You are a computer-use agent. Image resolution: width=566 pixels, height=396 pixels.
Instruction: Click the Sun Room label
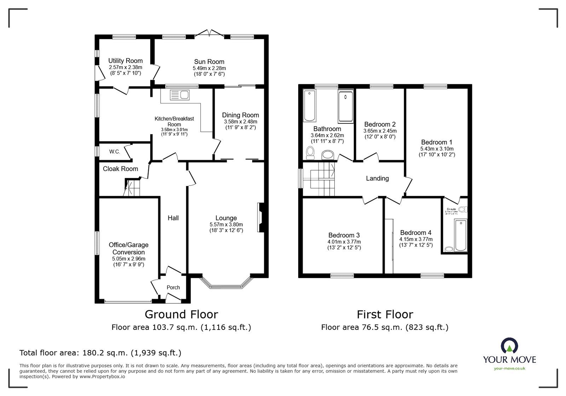coord(209,62)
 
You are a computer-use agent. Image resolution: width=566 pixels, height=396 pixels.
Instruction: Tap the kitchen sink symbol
coord(180,95)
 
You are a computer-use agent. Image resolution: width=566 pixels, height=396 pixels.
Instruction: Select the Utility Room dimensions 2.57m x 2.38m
coord(125,67)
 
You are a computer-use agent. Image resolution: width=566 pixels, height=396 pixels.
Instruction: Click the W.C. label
coord(115,152)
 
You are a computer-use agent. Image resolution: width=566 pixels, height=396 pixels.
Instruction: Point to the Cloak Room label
coord(120,169)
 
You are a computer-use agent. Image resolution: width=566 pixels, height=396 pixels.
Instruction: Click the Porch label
coord(173,287)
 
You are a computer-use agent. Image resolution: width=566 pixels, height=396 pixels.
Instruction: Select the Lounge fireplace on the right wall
coord(260,217)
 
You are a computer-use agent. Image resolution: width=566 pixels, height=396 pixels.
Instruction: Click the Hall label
coord(173,218)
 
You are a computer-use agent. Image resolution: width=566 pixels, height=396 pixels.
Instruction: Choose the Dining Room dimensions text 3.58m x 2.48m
coord(240,121)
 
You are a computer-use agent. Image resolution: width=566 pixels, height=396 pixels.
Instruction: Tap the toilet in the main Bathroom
coord(310,153)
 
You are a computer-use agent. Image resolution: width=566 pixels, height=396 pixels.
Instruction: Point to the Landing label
coord(377,178)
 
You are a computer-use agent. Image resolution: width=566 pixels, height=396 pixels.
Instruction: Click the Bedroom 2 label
coord(380,124)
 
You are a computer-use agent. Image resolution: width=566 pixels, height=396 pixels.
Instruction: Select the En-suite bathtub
coord(461,235)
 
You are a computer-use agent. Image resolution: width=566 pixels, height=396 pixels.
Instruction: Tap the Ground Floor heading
coord(181,314)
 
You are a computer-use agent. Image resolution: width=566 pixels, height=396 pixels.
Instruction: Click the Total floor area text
coord(100,353)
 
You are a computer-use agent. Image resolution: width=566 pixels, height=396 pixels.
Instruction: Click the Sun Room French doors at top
coord(209,34)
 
